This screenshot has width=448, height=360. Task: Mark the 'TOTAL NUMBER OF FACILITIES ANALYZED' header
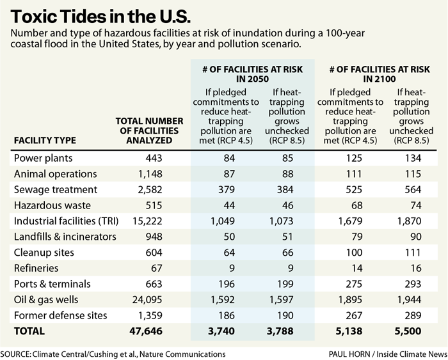pos(149,130)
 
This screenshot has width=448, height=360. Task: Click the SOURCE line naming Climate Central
pos(113,353)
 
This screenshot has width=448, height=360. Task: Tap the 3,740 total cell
pos(221,331)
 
